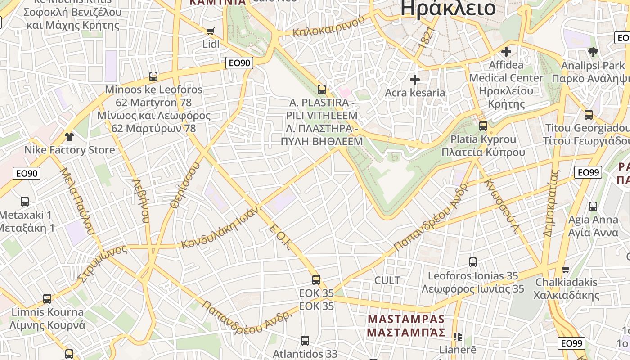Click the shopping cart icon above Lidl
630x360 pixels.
(x=210, y=31)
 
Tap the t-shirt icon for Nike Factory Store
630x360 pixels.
(x=69, y=136)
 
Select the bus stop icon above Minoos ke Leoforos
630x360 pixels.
(x=153, y=76)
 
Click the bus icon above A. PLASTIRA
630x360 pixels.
(x=321, y=90)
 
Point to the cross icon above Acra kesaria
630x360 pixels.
(x=415, y=80)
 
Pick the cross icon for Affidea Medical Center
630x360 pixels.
(x=506, y=52)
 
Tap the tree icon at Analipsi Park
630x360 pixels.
(x=593, y=52)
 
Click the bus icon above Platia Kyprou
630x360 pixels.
(x=483, y=126)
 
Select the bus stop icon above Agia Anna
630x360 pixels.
(x=593, y=207)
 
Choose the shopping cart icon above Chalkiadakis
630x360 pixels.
(x=566, y=269)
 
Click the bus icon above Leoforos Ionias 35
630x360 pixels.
(x=473, y=262)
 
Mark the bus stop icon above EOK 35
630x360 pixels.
(x=316, y=280)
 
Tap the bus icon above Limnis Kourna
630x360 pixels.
(x=47, y=299)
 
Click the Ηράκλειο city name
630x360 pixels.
(x=448, y=8)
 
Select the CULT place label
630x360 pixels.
(x=387, y=280)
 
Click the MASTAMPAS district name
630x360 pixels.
(x=406, y=319)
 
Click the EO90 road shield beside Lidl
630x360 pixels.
(x=239, y=63)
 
